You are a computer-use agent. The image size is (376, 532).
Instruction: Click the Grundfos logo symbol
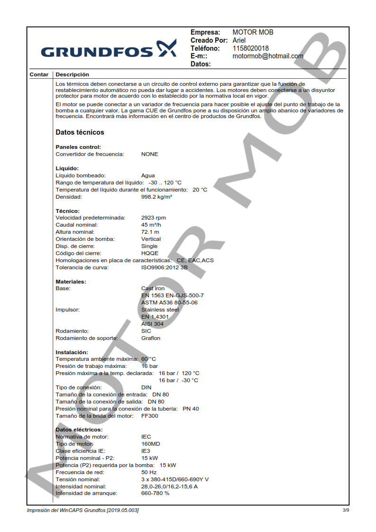[166, 49]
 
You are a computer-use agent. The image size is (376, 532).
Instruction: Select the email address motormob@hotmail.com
[268, 56]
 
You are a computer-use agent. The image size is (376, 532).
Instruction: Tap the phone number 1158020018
[250, 48]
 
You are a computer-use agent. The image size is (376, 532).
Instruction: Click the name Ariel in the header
[239, 40]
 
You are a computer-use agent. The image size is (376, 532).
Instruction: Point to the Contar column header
[39, 74]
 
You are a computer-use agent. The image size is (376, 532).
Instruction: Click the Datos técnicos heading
[80, 132]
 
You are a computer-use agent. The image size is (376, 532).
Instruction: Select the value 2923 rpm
[154, 218]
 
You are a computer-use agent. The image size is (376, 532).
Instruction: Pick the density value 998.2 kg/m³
[156, 197]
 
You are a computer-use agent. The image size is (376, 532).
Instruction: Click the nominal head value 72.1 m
[150, 232]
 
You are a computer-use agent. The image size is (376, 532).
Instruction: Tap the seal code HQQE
[150, 253]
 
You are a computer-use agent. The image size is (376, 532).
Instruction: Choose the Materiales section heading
[71, 282]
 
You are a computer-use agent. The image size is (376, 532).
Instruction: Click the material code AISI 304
[153, 324]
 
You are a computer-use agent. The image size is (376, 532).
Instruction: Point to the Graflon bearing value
[151, 338]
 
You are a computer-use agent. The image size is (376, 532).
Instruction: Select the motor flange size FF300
[150, 416]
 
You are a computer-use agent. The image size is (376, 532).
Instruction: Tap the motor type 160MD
[151, 444]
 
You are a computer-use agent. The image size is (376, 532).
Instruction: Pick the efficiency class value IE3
[146, 451]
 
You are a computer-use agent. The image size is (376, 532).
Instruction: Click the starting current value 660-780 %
[155, 493]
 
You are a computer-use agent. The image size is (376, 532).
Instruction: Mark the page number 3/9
[346, 510]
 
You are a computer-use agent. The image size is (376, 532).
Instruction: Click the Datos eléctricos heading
[79, 430]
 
